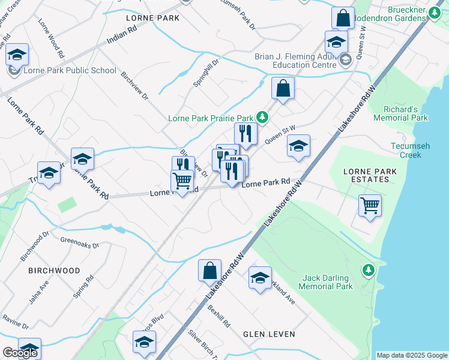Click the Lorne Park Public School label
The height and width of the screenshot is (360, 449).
coord(70,70)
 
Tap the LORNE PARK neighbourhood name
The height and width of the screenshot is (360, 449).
coord(152,19)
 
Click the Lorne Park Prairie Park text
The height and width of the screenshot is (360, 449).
coord(211,118)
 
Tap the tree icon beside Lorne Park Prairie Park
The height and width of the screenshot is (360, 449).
coord(262,116)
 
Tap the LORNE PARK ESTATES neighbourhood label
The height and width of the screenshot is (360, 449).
coord(370,176)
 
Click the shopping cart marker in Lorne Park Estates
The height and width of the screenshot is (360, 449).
coord(370,206)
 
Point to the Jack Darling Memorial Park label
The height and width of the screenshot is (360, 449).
coord(328,282)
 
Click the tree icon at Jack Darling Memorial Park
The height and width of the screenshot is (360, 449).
coord(368,271)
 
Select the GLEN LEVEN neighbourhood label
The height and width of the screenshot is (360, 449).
coord(267,334)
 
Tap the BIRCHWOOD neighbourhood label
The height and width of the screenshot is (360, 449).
coord(54,271)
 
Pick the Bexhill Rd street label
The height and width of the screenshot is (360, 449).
coord(219,314)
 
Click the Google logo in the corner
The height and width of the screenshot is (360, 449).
coord(20,353)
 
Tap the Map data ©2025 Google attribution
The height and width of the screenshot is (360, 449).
coord(412,355)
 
